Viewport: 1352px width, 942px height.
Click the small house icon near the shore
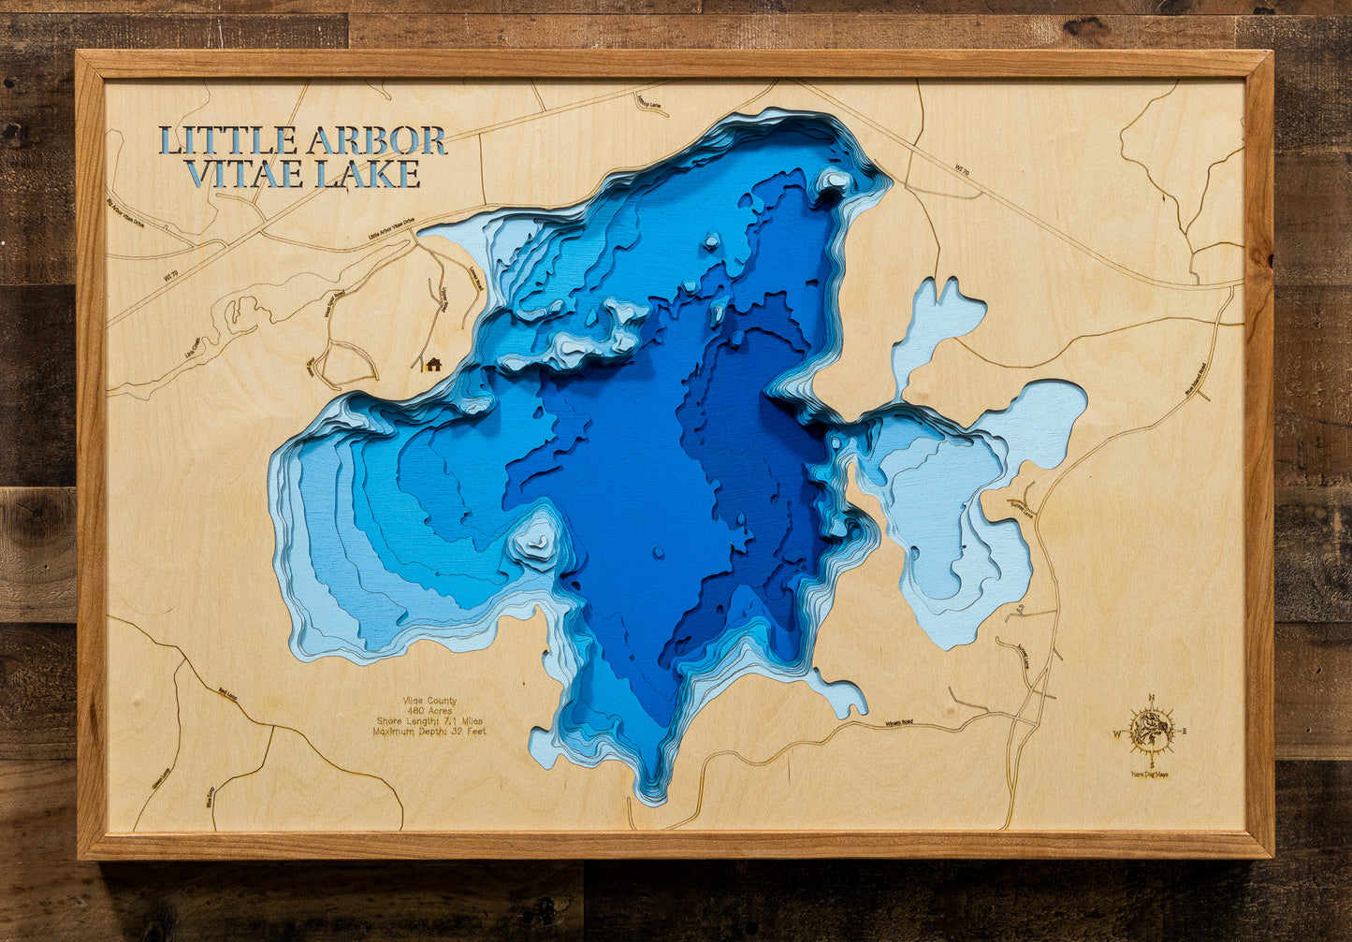point(431,364)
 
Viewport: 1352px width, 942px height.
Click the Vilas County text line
point(429,701)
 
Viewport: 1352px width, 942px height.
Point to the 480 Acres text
point(429,711)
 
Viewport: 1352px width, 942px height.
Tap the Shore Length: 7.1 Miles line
point(429,721)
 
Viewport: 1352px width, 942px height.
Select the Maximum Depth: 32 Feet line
point(429,732)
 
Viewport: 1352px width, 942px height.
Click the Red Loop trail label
point(227,693)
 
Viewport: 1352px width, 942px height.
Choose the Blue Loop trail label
point(210,795)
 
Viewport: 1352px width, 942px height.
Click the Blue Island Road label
point(1201,378)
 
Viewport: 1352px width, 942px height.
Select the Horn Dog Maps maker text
point(1150,774)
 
